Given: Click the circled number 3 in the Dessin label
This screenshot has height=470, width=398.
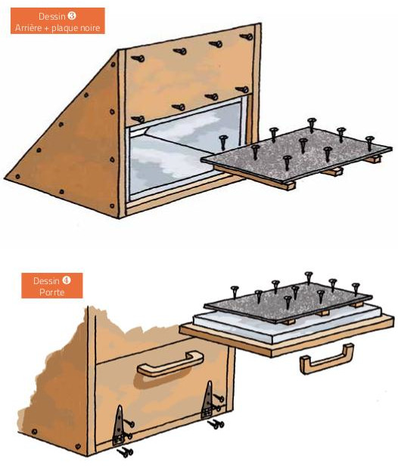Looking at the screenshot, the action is [x=72, y=16].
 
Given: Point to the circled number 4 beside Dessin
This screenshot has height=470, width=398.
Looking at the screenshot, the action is [x=67, y=280].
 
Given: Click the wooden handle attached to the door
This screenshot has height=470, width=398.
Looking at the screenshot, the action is [x=170, y=363].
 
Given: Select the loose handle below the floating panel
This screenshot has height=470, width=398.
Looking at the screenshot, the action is [x=327, y=359].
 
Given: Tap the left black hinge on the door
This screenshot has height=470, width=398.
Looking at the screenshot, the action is [x=119, y=425].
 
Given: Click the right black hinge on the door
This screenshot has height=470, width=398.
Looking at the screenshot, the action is [x=207, y=400].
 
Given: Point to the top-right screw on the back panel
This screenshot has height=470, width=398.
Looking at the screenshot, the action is [x=247, y=36].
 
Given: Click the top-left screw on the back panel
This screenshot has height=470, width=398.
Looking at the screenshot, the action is [x=138, y=58].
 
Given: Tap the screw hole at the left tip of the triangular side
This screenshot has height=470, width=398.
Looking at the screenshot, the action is [x=17, y=176].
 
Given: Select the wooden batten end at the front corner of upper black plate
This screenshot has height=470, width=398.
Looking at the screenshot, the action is [x=291, y=186].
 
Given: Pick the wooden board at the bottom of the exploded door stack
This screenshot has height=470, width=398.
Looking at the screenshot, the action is [x=288, y=337].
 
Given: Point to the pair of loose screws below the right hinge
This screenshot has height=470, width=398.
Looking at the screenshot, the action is [x=216, y=424].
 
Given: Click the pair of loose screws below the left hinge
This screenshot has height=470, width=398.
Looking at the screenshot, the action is [x=125, y=452].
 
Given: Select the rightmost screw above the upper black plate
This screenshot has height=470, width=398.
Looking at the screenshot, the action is [x=369, y=143].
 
